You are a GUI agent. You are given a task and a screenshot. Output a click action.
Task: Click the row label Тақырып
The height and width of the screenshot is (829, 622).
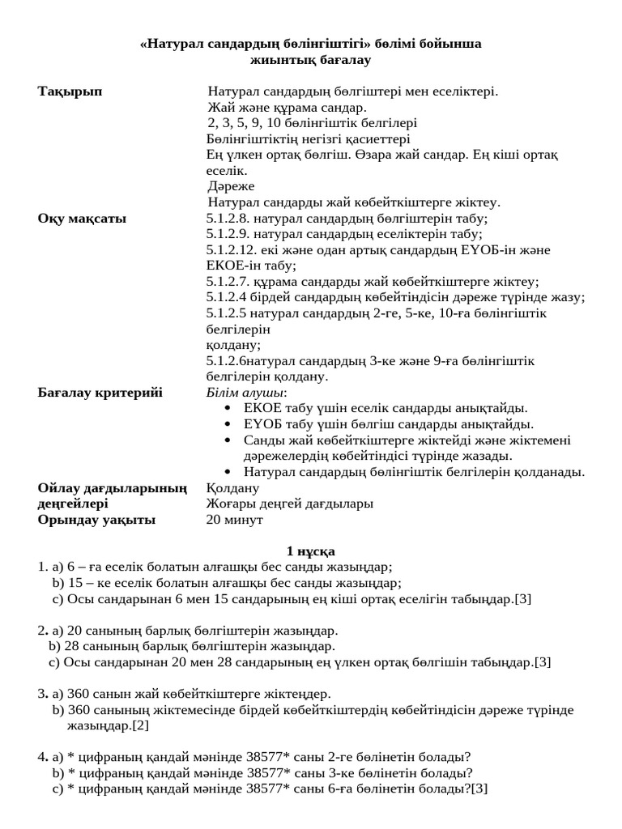tap(70, 91)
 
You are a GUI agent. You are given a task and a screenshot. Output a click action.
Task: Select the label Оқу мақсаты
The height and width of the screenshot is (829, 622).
tap(82, 218)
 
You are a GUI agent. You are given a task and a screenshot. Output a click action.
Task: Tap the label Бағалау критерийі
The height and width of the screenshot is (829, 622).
tap(100, 393)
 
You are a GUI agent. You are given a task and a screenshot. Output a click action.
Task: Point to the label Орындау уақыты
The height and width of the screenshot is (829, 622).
tap(96, 520)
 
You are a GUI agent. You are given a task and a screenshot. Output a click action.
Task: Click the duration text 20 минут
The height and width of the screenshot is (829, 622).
tap(235, 520)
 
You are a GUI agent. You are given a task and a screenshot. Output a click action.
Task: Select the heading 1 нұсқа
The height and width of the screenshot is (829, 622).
tap(310, 551)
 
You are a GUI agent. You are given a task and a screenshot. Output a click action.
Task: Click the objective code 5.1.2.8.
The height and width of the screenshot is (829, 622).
tap(229, 218)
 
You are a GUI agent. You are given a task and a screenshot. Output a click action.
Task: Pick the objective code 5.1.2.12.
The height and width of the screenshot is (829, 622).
tap(232, 250)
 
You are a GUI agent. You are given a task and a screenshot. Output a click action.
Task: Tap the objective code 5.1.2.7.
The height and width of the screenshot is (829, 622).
tap(229, 282)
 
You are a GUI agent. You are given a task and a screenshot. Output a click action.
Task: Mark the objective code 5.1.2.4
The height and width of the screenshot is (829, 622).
tap(229, 297)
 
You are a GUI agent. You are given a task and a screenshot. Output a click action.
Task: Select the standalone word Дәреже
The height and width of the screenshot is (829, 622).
tap(231, 186)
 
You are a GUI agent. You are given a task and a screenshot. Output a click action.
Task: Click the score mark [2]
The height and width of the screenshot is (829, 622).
tap(141, 725)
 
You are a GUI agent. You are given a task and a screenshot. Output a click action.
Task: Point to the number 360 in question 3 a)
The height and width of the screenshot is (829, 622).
tap(80, 694)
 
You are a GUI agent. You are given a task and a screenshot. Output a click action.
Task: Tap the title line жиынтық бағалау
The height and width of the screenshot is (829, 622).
tap(311, 60)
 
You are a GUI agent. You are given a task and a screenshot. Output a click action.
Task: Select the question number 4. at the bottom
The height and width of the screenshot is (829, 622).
tap(42, 758)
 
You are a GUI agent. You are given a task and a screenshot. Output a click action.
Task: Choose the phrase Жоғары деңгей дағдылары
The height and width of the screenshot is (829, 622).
tap(290, 504)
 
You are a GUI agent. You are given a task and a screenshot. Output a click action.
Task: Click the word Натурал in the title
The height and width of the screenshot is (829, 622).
tap(171, 44)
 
